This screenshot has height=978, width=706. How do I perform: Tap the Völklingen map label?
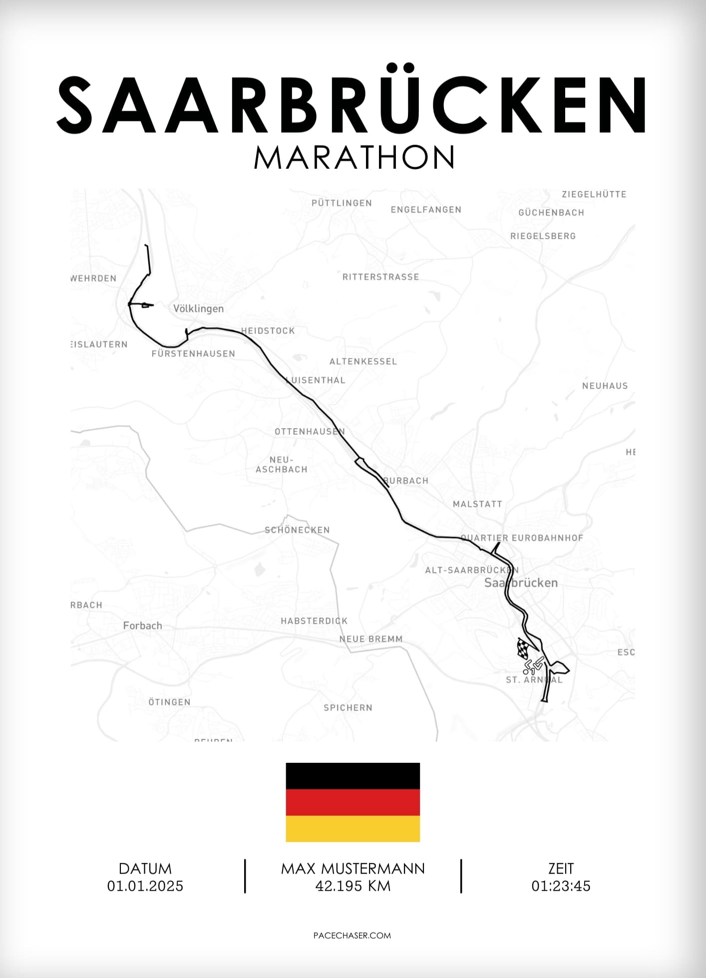[198, 309]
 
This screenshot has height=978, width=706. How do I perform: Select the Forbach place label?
[142, 626]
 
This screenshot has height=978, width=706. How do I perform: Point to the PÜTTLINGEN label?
[342, 203]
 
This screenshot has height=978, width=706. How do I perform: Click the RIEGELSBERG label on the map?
[543, 236]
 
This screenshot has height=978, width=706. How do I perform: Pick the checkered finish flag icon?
[524, 648]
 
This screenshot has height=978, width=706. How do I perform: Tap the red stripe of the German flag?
[353, 802]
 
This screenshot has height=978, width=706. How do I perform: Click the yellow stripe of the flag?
[353, 829]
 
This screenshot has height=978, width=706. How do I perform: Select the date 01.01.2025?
[145, 886]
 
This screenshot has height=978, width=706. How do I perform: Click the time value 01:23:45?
[561, 886]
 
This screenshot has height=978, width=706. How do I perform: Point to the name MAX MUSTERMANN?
[353, 869]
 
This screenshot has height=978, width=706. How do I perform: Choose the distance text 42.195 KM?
[353, 886]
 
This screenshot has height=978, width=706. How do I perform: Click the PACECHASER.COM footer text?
[352, 936]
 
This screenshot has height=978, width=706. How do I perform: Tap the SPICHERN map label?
[348, 708]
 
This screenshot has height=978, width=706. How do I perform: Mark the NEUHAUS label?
[605, 386]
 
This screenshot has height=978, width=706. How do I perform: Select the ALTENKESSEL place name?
[363, 361]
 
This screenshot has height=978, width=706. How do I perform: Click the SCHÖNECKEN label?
[297, 530]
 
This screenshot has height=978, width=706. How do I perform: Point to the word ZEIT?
[561, 869]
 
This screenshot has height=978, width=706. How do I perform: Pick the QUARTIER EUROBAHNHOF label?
[522, 538]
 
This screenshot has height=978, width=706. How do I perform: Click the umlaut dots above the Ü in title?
[401, 67]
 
